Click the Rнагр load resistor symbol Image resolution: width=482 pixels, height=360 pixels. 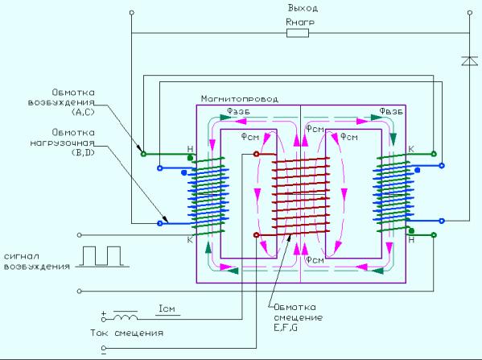pyautogui.click(x=298, y=33)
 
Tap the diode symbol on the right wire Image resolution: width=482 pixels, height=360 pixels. pyautogui.click(x=469, y=60)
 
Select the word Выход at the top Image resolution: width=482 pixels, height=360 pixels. pyautogui.click(x=303, y=8)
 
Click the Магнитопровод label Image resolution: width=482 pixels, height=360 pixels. pyautogui.click(x=240, y=99)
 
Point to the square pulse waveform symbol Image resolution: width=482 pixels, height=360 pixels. pyautogui.click(x=102, y=256)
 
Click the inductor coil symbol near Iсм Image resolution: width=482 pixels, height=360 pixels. pyautogui.click(x=125, y=317)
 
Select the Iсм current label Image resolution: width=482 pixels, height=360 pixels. pyautogui.click(x=167, y=308)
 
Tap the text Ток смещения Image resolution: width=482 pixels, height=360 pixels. pyautogui.click(x=126, y=333)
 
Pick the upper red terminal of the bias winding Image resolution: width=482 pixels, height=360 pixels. pyautogui.click(x=256, y=154)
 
